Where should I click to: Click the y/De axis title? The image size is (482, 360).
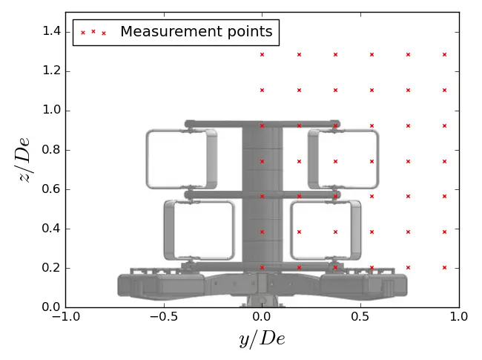click(262, 339)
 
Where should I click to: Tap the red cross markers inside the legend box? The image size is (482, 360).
click(93, 32)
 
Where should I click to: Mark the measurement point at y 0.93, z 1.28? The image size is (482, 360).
click(444, 54)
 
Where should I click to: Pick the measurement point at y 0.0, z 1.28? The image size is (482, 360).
click(262, 54)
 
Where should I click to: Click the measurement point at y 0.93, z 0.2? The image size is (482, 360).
click(444, 267)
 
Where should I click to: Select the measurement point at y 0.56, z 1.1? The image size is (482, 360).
click(372, 90)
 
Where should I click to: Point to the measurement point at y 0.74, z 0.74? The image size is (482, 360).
click(408, 161)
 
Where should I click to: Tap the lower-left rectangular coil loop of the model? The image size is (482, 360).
click(195, 229)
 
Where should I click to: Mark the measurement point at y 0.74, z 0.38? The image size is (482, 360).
click(408, 232)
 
